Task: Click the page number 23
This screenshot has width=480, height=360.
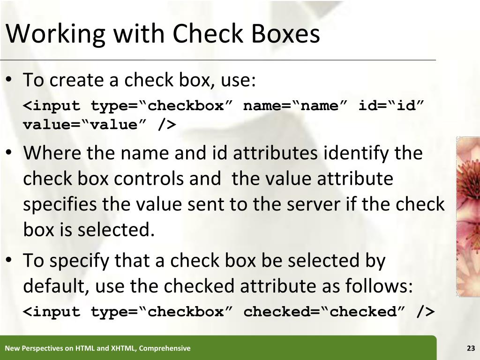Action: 471,348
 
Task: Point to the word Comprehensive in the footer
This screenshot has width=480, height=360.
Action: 165,348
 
